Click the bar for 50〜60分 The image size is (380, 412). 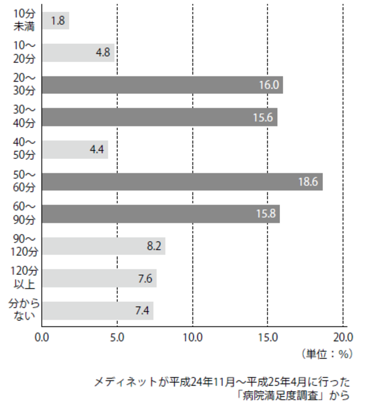[x=182, y=182]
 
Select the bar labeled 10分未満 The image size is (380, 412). [x=56, y=20]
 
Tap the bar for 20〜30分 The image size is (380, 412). [x=163, y=85]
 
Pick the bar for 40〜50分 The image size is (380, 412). [x=75, y=149]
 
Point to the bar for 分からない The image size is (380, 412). [x=98, y=311]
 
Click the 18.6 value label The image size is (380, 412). [x=308, y=182]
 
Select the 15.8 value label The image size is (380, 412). [x=266, y=214]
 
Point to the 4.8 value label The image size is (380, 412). [x=103, y=53]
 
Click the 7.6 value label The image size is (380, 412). [x=145, y=278]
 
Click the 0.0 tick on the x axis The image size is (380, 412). [x=42, y=337]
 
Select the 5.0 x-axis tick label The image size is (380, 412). [x=118, y=337]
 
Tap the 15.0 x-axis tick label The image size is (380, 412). [x=267, y=337]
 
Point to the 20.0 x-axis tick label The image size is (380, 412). [x=343, y=337]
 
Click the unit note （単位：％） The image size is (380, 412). [x=326, y=354]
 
